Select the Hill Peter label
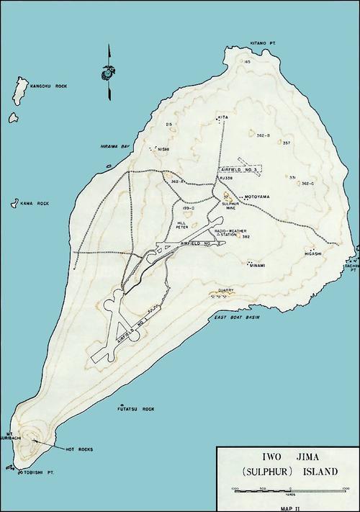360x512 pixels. click(186, 225)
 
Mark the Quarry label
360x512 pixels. click(225, 290)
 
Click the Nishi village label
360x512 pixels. click(163, 151)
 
